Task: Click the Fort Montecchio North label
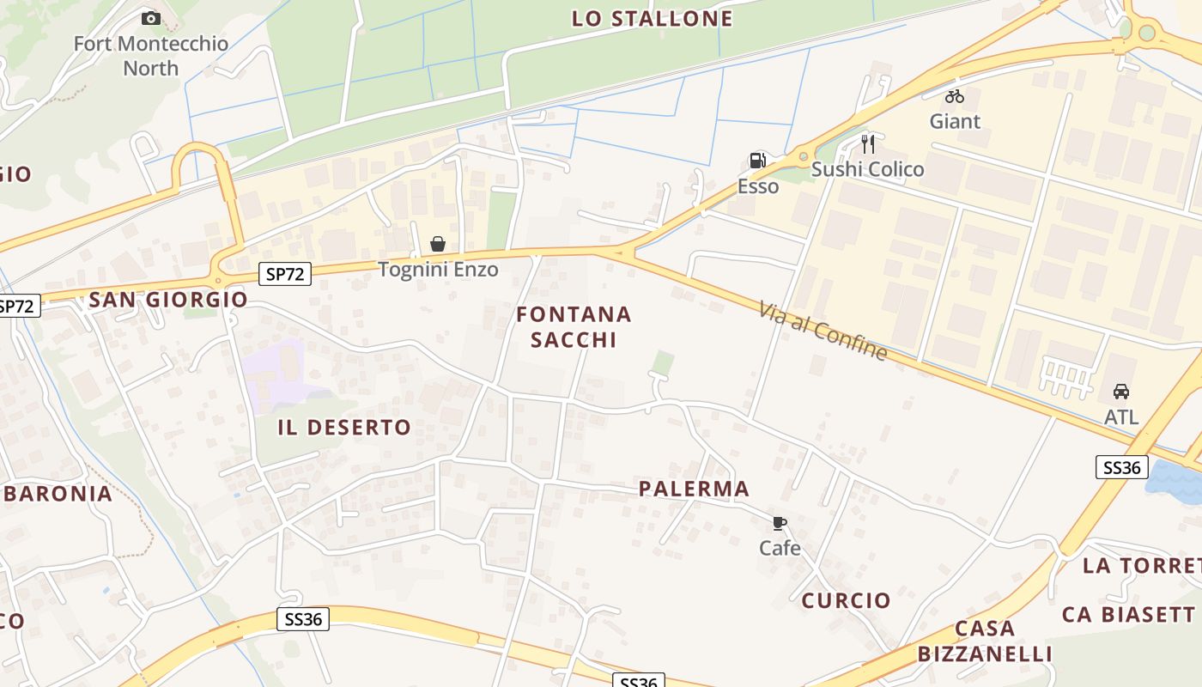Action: [x=150, y=56]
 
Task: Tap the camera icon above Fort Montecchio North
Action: [x=151, y=18]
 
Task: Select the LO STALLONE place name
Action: [x=653, y=18]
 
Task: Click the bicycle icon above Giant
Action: [x=955, y=96]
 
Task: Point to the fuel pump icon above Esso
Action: [x=757, y=161]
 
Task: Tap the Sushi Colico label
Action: [x=868, y=169]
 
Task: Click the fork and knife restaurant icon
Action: [x=868, y=143]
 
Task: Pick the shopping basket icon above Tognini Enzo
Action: [x=438, y=245]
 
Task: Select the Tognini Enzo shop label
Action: [x=438, y=270]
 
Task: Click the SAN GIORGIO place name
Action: [x=168, y=300]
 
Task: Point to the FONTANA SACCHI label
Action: [x=574, y=327]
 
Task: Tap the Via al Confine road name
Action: [x=823, y=330]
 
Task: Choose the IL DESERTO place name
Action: [x=344, y=428]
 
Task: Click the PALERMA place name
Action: [x=694, y=489]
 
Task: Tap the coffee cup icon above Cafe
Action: [x=780, y=523]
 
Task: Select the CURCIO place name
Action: [x=847, y=601]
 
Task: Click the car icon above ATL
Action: [x=1121, y=392]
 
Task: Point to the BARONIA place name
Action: [x=58, y=494]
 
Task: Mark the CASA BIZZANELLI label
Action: [x=985, y=641]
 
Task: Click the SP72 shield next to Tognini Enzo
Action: [x=285, y=274]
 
